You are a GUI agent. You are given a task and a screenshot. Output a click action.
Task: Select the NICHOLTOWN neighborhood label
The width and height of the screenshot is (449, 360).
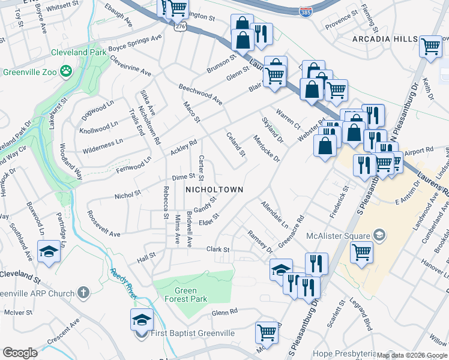pyautogui.click(x=214, y=190)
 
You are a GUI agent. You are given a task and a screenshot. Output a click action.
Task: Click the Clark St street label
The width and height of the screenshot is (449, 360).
pyautogui.click(x=218, y=249)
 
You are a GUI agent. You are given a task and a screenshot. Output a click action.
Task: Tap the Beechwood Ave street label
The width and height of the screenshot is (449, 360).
pyautogui.click(x=200, y=94)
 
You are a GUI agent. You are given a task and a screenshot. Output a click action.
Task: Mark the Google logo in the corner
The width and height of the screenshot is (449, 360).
pyautogui.click(x=20, y=353)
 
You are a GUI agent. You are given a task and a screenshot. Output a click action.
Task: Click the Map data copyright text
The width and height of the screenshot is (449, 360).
pyautogui.click(x=412, y=355)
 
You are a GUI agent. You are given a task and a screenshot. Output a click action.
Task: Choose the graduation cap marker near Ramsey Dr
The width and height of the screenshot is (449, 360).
pyautogui.click(x=281, y=269)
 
